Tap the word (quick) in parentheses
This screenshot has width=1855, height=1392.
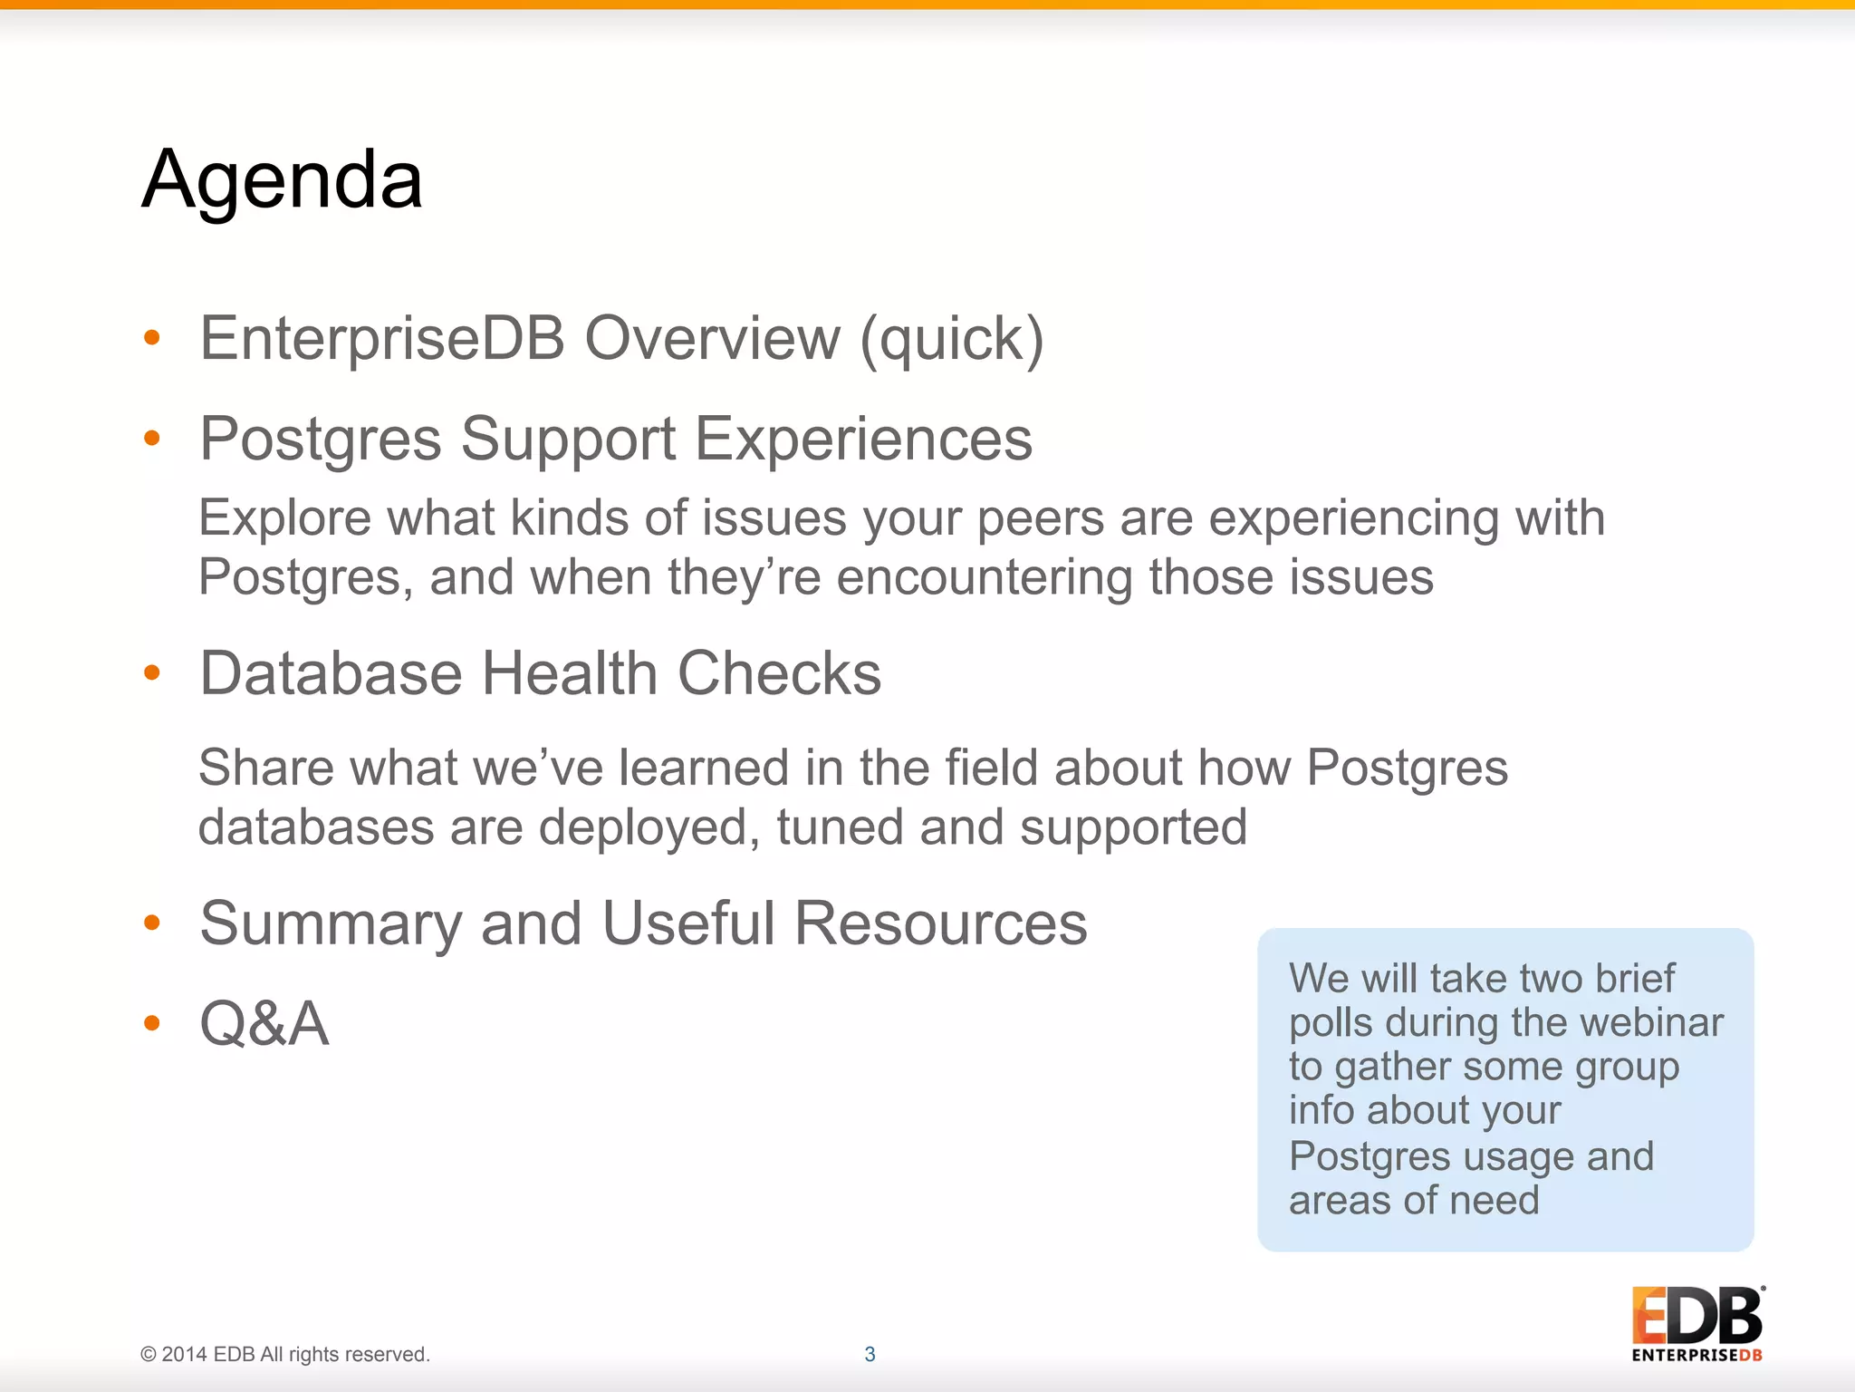pos(952,341)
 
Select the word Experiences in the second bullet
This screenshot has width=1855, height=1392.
pos(863,440)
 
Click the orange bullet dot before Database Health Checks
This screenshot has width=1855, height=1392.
pos(152,672)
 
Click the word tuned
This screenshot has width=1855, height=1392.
pos(840,827)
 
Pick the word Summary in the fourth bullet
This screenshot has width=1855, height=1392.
pos(332,924)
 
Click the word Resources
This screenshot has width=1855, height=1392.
pos(940,924)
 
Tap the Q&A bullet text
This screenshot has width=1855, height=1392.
pos(264,1024)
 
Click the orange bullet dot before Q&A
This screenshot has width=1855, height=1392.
pos(152,1023)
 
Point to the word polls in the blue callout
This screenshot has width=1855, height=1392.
pos(1331,1023)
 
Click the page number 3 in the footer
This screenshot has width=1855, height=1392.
pos(870,1354)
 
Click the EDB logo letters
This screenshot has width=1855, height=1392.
pos(1696,1316)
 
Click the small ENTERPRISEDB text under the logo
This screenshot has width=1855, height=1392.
pos(1696,1356)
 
